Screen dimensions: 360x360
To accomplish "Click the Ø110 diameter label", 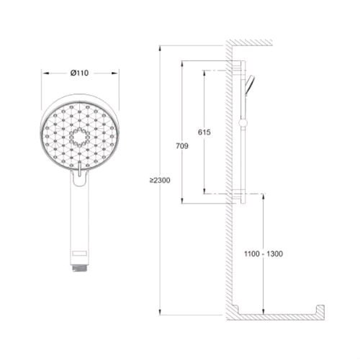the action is [x=79, y=73].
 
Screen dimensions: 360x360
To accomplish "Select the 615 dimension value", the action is [x=204, y=132].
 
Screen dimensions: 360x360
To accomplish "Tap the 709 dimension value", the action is [x=182, y=146].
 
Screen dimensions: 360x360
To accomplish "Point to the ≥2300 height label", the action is [x=160, y=180].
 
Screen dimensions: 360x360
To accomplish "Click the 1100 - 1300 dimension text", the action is [x=264, y=253].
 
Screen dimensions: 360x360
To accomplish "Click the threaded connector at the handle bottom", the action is [x=80, y=268].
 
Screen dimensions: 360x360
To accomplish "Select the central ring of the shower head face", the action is [x=79, y=138].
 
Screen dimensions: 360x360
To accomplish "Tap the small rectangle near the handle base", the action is [x=79, y=253].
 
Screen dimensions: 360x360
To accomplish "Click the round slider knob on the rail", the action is [x=243, y=123].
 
